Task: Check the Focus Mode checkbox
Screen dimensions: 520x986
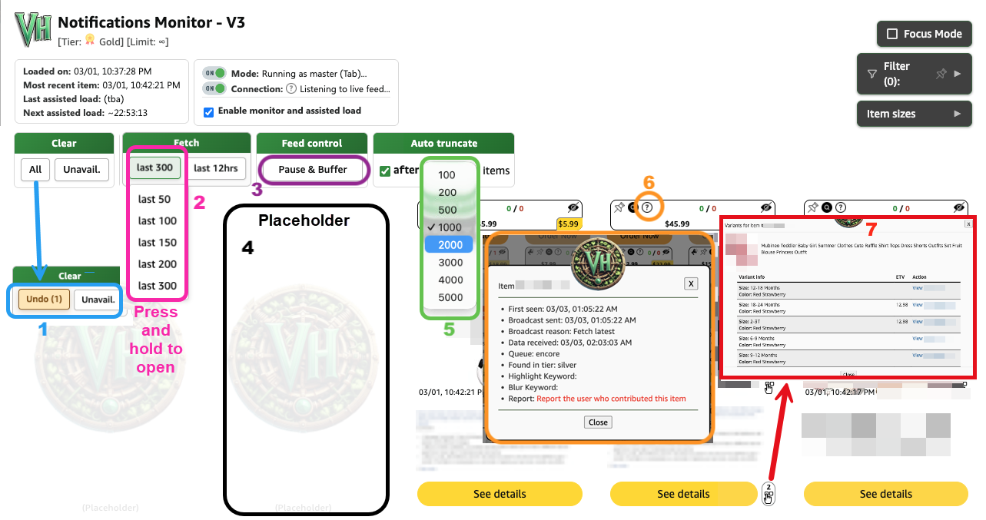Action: [891, 34]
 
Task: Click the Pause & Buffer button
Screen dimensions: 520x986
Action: [313, 169]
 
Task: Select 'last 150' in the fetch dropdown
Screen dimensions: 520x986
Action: [158, 243]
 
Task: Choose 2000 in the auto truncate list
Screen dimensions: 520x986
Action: [450, 244]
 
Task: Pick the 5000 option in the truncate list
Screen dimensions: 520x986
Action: [450, 297]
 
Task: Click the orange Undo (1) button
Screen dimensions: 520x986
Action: [43, 300]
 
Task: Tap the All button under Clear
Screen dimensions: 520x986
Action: [35, 169]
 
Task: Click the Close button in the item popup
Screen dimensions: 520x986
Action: [598, 422]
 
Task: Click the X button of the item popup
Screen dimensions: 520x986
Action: [691, 283]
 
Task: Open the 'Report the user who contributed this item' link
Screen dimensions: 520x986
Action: [611, 399]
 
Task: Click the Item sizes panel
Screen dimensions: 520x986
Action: [914, 114]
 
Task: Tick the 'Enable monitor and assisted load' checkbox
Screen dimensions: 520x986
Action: [208, 111]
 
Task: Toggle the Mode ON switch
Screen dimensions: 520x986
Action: [214, 74]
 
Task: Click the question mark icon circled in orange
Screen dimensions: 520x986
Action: [648, 207]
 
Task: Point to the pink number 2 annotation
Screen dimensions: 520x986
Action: [199, 202]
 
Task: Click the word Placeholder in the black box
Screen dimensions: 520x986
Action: [304, 221]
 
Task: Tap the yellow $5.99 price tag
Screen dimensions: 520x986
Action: [569, 224]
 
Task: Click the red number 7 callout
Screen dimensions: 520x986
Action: [871, 229]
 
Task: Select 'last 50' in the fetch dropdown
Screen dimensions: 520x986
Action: [154, 199]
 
